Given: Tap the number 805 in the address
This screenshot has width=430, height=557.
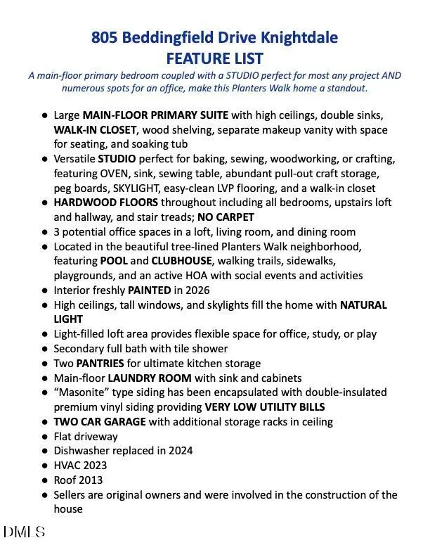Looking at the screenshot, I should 104,38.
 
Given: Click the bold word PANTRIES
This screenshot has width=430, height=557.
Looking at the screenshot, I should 100,364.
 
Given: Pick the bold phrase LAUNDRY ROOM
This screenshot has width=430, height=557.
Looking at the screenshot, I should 150,378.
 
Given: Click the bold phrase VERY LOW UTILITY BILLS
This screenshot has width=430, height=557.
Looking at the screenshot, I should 265,407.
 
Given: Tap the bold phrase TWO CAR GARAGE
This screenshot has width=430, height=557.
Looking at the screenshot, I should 100,422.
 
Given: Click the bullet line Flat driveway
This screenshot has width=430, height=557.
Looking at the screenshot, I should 86,436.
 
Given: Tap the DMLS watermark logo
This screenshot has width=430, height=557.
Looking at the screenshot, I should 25,532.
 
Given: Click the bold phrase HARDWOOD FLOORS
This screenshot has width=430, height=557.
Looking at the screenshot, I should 105,203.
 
